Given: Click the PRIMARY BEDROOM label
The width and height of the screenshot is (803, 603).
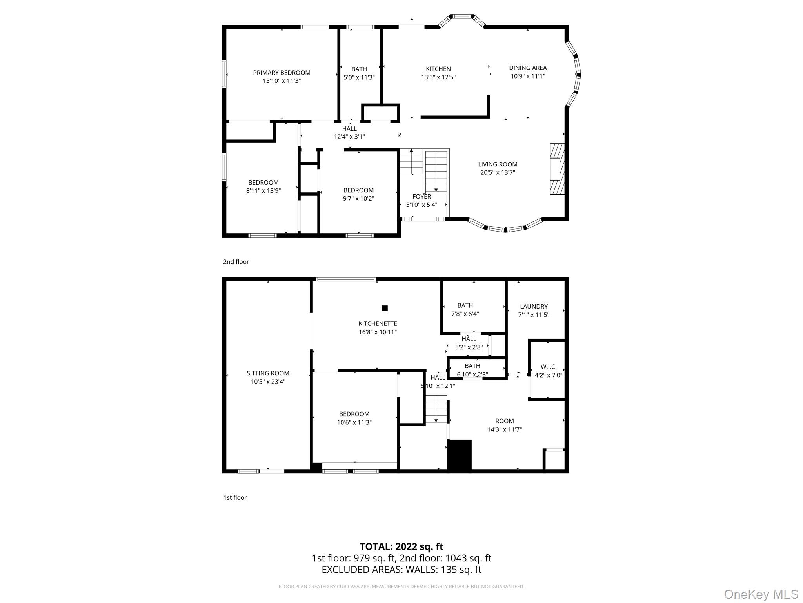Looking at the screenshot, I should [282, 73].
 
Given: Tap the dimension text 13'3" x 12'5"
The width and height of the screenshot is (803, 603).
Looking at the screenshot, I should [438, 77].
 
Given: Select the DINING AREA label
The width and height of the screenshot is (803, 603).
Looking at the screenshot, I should [528, 68].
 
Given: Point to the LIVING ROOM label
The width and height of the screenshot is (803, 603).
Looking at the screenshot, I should [498, 164].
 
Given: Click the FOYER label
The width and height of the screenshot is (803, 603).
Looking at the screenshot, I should [421, 196].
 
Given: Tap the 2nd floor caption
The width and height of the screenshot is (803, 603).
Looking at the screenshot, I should [236, 262].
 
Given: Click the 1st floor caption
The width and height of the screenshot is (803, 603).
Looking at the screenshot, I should [235, 497].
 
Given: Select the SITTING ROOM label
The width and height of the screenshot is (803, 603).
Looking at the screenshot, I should [268, 373].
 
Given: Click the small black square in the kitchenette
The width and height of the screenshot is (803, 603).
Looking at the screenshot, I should [384, 308].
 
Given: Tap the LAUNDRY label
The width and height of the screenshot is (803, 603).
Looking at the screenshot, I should [534, 306].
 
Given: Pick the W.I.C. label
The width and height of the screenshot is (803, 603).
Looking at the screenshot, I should [548, 367].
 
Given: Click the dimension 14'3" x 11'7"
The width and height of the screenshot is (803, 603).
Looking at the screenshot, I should [504, 429].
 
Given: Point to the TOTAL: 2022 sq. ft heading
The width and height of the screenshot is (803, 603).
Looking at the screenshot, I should [401, 546].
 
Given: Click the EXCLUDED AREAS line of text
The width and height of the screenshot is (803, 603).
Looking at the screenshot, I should [401, 569].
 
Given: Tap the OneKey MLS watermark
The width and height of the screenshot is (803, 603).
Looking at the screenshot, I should [761, 594].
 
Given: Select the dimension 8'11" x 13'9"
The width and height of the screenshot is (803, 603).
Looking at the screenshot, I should [263, 191].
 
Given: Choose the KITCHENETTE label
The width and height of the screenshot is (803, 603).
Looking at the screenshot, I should [378, 323].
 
